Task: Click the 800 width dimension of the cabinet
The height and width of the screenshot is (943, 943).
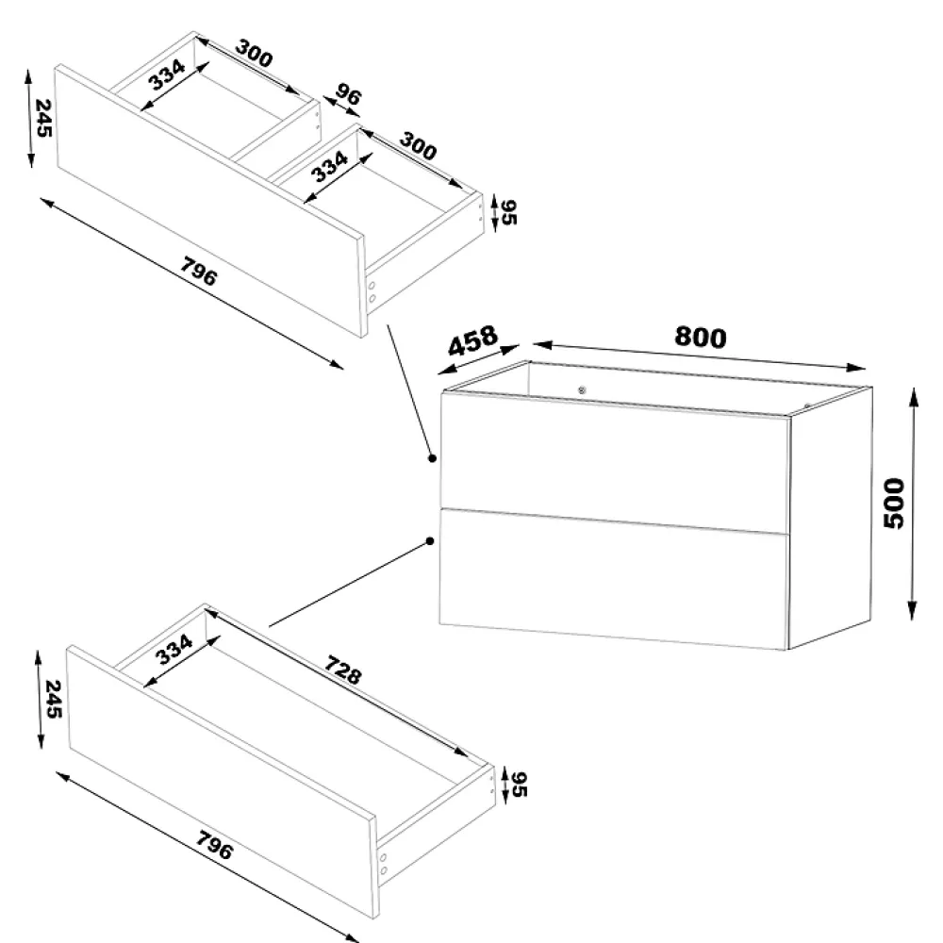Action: coord(700,337)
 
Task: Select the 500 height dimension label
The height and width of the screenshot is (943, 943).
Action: coord(894,504)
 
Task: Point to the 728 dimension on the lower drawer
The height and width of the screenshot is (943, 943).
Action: coord(343,670)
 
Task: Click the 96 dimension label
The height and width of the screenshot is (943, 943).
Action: coord(348,94)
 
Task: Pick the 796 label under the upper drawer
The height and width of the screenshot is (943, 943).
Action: coord(198,272)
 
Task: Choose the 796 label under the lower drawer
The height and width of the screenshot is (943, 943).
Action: coord(215,845)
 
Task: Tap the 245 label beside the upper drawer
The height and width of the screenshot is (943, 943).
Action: coord(43,118)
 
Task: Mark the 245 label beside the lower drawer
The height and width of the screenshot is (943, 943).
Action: coord(54,699)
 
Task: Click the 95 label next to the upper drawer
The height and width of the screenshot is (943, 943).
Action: coord(509,212)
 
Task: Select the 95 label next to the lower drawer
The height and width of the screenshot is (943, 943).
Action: coord(519,785)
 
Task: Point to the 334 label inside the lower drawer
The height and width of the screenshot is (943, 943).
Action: coord(174,650)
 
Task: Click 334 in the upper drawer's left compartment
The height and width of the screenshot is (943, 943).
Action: coord(167,74)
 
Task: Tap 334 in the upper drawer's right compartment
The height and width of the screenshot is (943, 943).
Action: coord(329,167)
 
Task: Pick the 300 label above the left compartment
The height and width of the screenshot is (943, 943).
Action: coord(254,53)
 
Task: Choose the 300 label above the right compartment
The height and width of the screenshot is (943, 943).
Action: coord(418,146)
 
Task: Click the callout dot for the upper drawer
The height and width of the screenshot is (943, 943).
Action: coord(432,458)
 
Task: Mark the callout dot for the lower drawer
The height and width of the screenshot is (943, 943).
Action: coord(430,541)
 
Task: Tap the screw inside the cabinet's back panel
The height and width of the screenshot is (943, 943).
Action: coord(582,390)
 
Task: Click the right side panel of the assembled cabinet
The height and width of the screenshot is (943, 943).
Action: coord(830,519)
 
